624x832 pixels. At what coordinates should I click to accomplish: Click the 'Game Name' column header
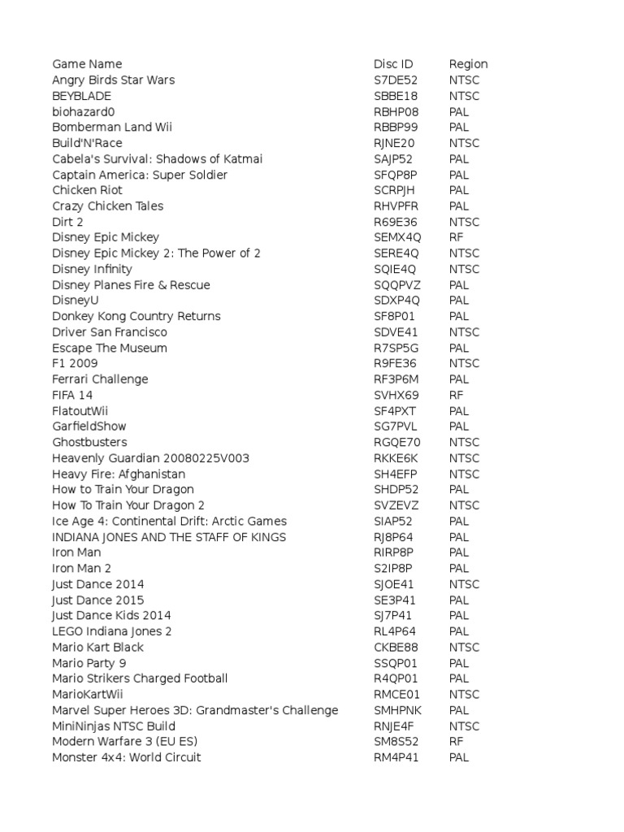(87, 64)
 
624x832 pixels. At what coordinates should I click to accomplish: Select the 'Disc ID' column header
(393, 64)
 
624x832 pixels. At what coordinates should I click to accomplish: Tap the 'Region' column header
(468, 64)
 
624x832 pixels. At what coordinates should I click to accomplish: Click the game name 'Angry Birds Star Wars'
(113, 80)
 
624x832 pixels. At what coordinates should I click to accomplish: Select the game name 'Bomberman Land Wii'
(112, 127)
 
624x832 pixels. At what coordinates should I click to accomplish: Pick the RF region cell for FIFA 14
(456, 395)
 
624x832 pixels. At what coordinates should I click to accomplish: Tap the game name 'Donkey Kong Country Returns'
(136, 316)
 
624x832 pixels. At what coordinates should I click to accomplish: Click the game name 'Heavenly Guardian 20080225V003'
(150, 458)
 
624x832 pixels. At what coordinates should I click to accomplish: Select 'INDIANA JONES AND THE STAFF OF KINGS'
(169, 537)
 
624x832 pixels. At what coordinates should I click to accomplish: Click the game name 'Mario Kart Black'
(97, 647)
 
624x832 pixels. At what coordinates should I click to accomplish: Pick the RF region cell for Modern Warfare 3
(456, 742)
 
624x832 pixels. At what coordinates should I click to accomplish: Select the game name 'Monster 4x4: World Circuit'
(126, 757)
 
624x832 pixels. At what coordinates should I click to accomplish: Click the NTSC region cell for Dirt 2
(464, 222)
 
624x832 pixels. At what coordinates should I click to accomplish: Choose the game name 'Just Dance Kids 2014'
(111, 615)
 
